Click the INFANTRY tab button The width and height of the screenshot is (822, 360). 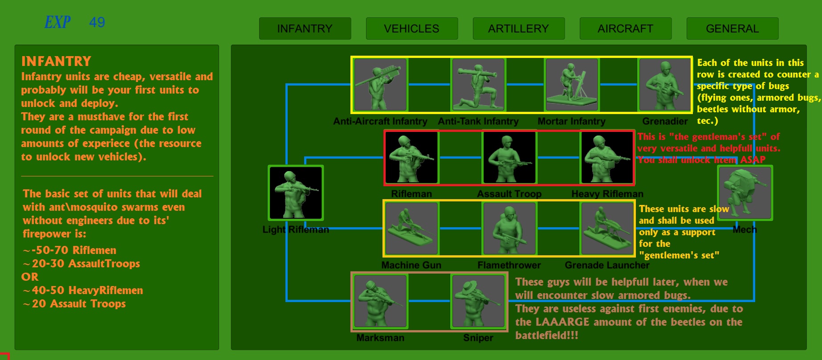(x=305, y=29)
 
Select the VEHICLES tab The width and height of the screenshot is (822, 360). (x=412, y=29)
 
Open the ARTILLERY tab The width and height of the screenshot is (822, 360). (x=519, y=29)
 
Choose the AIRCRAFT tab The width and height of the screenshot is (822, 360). (x=626, y=29)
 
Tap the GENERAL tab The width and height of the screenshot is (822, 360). (x=732, y=29)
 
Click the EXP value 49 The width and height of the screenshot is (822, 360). (x=97, y=22)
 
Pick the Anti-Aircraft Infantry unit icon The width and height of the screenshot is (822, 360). (x=380, y=85)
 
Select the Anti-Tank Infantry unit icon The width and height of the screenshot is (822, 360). (x=478, y=85)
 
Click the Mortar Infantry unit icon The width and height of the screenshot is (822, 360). (x=572, y=85)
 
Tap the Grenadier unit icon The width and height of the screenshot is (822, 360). (x=665, y=85)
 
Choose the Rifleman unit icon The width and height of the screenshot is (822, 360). (x=411, y=157)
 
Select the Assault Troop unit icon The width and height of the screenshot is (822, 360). (x=509, y=157)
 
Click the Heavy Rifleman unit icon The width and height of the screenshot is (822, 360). (x=607, y=157)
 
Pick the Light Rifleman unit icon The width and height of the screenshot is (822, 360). (x=296, y=193)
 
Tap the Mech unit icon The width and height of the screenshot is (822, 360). (x=745, y=193)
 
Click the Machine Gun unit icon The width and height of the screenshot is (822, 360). (x=411, y=229)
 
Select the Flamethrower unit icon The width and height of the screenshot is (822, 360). (x=509, y=229)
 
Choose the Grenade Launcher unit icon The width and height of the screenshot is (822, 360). (x=607, y=229)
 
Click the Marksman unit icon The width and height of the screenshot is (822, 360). (x=380, y=301)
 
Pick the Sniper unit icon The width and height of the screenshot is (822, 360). (x=478, y=301)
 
